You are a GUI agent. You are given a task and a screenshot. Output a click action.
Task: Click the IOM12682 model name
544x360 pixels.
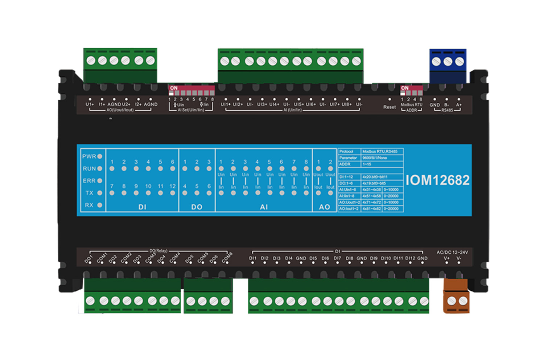(x=437, y=180)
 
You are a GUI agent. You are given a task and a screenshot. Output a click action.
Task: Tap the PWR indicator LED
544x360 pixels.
(x=100, y=156)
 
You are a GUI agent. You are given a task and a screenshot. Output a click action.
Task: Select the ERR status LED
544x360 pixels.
(x=100, y=181)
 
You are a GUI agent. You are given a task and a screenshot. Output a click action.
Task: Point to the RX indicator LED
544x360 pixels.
(x=100, y=205)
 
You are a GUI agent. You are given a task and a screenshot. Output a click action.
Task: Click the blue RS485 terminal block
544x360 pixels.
(x=448, y=65)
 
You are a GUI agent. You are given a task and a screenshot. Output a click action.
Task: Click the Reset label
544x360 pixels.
(x=390, y=107)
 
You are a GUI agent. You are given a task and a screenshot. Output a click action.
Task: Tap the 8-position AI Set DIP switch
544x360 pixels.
(x=191, y=91)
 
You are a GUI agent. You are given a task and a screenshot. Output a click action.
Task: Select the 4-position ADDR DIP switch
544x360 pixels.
(x=411, y=90)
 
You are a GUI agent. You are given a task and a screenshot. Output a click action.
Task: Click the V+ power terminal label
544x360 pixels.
(x=447, y=258)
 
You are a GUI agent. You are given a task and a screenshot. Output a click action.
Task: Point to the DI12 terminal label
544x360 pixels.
(x=410, y=258)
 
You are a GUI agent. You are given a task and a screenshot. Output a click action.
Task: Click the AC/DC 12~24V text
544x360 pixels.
(x=452, y=252)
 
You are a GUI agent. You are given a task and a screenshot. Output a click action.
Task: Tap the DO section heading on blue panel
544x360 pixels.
(x=197, y=207)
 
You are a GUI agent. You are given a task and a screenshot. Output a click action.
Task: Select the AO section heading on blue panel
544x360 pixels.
(x=324, y=207)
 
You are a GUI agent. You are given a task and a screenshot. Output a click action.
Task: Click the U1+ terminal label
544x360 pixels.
(x=90, y=105)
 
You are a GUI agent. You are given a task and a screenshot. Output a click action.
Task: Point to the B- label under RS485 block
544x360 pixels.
(x=447, y=105)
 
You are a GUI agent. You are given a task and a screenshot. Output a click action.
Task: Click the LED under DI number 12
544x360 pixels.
(x=173, y=193)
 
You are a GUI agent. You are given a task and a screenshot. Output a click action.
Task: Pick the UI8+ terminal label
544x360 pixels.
(x=347, y=105)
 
